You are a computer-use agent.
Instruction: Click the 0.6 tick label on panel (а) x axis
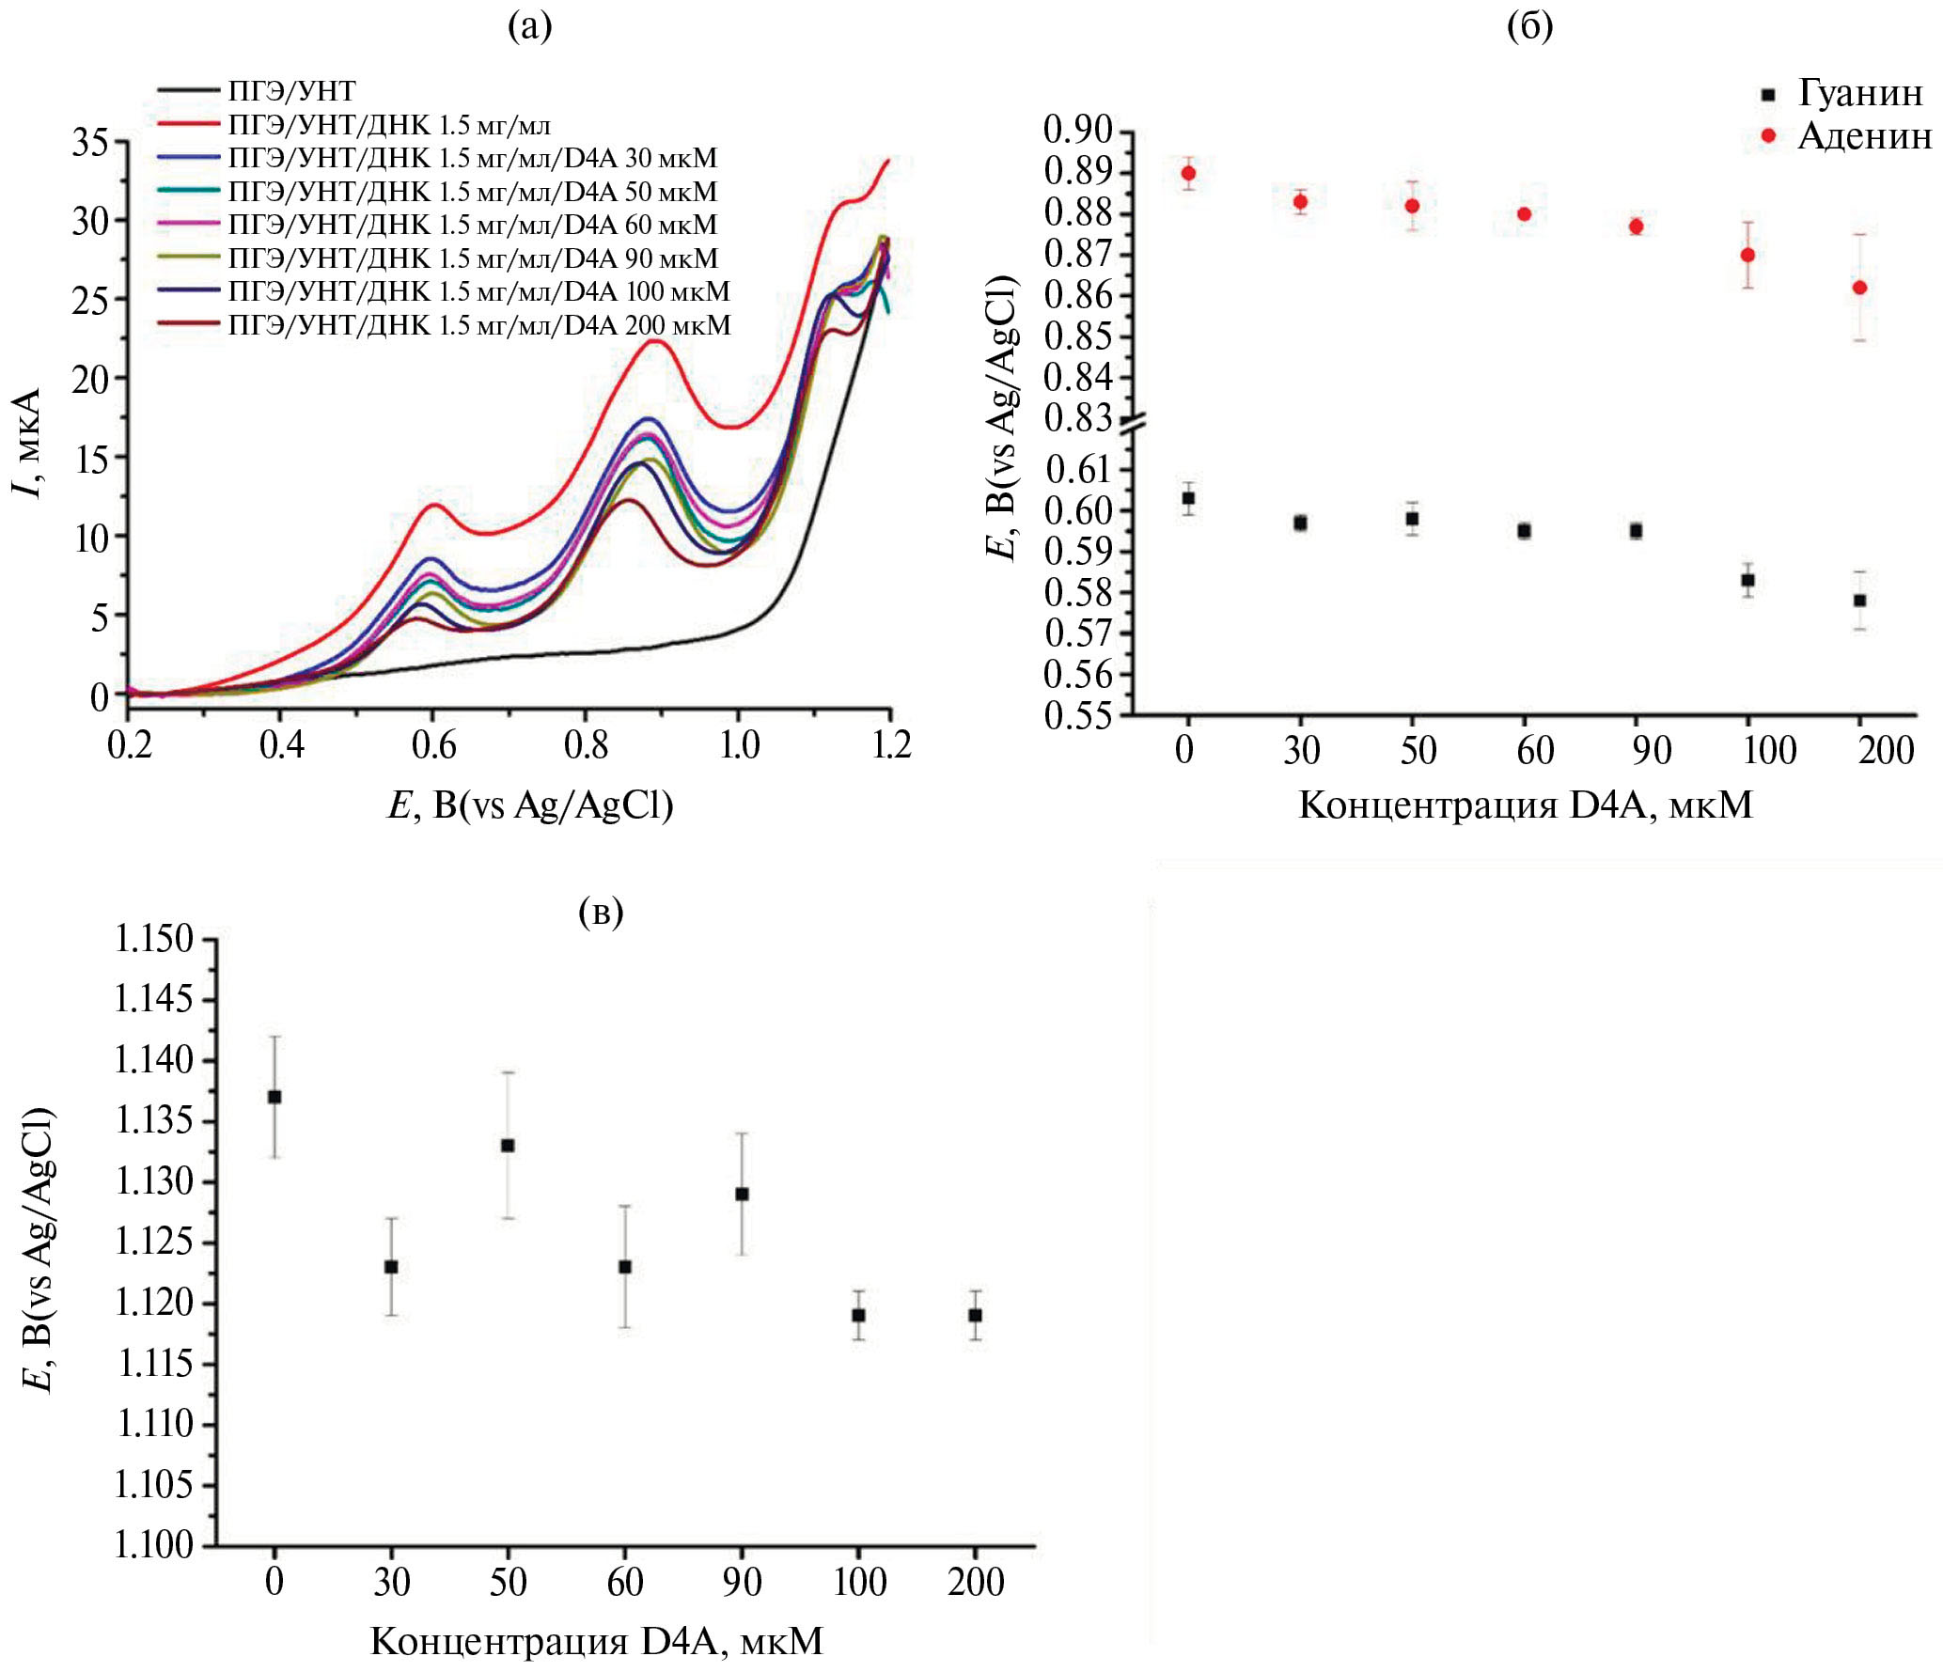(x=433, y=744)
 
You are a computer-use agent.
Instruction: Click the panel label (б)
(x=1529, y=26)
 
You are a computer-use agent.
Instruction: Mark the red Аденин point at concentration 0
(x=1188, y=173)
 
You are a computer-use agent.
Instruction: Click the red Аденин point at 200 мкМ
(x=1859, y=288)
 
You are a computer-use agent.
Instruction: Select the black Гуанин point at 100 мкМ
(x=1747, y=580)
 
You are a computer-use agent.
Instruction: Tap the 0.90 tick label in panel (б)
(x=1078, y=130)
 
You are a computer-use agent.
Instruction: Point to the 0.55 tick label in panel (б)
(x=1078, y=715)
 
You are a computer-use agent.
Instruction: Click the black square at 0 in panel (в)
(x=274, y=1097)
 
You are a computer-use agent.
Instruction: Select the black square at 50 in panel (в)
(x=508, y=1146)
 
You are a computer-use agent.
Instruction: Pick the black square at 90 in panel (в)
(x=742, y=1194)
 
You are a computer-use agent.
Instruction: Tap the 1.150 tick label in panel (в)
(x=153, y=939)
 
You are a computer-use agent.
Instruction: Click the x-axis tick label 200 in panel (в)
(x=976, y=1582)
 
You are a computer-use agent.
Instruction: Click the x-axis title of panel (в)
(x=597, y=1641)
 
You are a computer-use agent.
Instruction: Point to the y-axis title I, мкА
(x=28, y=442)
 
